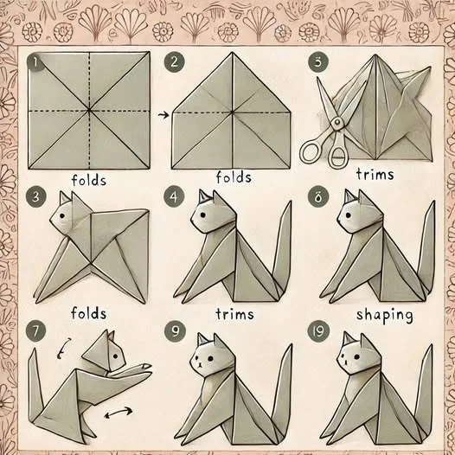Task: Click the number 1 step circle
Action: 35,61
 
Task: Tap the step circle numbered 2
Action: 174,61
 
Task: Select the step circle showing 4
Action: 174,197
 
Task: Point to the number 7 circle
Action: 35,331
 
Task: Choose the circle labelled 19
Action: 318,331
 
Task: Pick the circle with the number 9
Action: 175,331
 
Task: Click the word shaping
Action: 384,316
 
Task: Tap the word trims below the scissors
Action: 375,174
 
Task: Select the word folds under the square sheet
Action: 89,180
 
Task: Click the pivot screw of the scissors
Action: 336,123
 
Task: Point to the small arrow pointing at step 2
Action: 163,115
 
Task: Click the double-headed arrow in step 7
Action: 119,413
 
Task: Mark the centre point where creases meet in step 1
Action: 89,110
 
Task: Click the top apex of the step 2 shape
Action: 232,53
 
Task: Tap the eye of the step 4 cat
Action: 202,215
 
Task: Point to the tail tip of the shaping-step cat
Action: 434,202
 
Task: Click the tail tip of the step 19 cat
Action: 432,346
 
